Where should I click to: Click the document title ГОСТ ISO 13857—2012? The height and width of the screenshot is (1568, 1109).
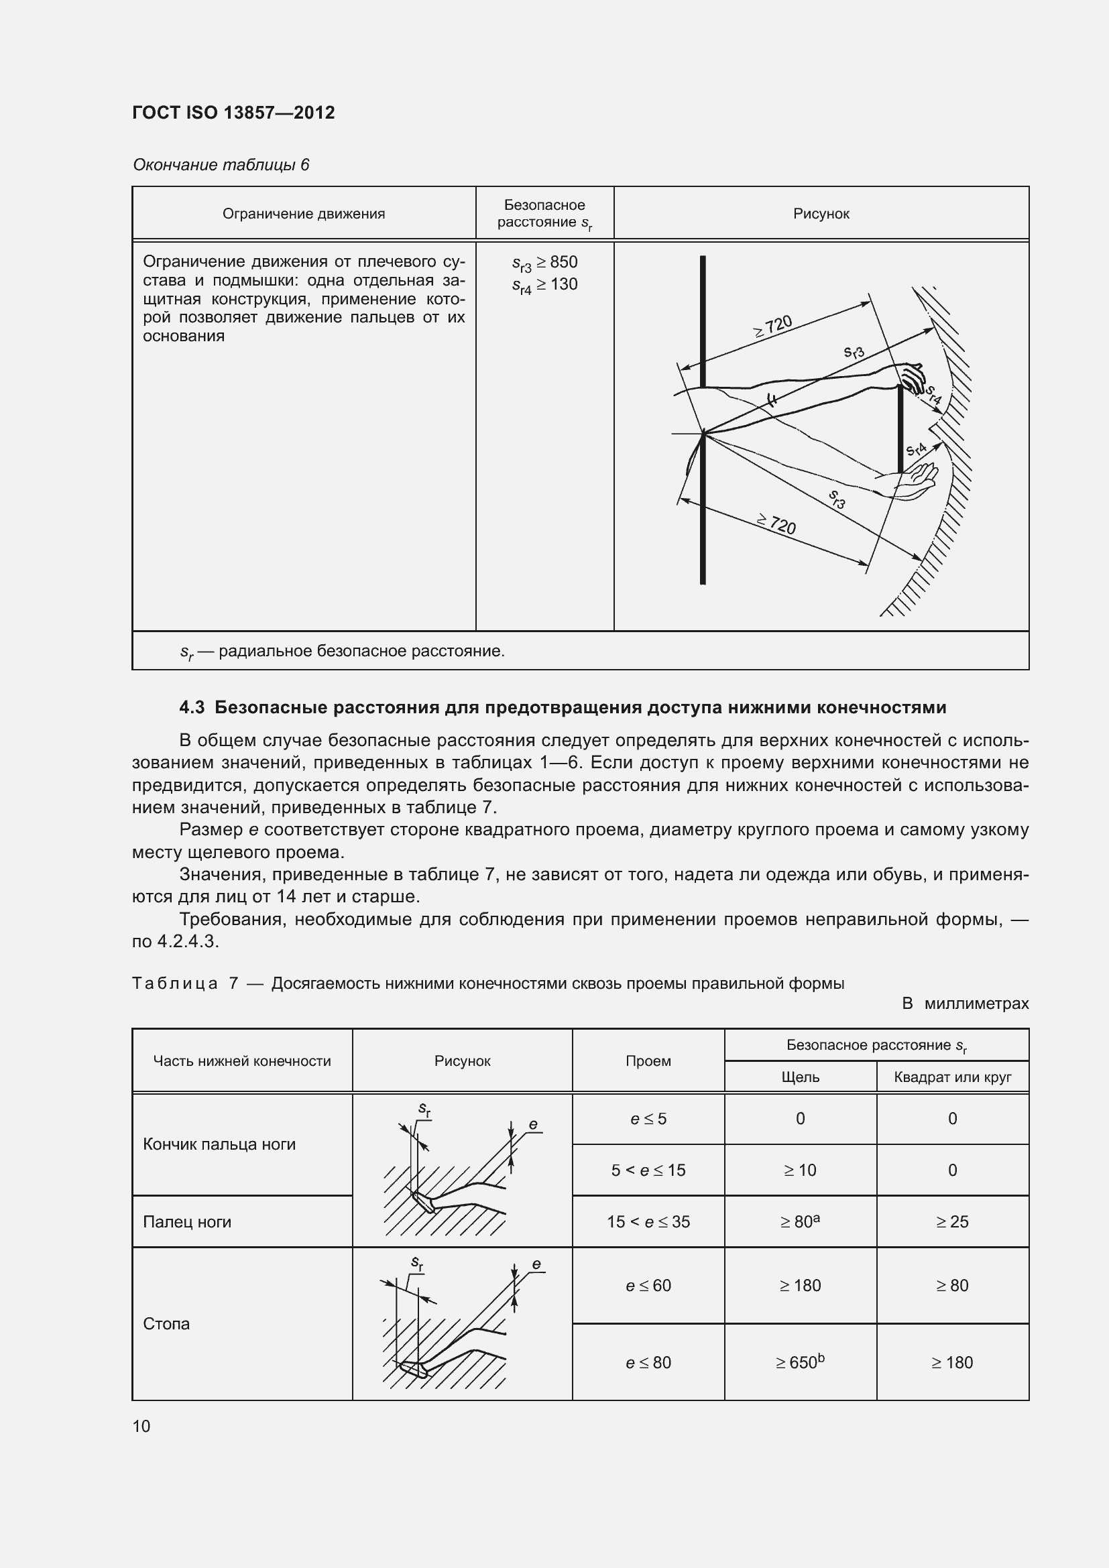[x=233, y=113]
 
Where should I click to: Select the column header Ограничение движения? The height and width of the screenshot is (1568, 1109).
[x=303, y=214]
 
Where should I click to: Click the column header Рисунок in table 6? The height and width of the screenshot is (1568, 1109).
[x=821, y=214]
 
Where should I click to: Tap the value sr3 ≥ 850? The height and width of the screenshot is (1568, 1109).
[x=544, y=263]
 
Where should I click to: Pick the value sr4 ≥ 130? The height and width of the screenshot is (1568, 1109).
[x=544, y=285]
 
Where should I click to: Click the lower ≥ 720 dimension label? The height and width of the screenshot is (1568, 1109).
[x=776, y=524]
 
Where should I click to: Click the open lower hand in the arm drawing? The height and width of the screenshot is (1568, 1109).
[x=915, y=478]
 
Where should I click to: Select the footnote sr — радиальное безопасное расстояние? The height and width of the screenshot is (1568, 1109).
[x=341, y=652]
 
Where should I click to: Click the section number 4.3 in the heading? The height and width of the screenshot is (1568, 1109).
[x=192, y=707]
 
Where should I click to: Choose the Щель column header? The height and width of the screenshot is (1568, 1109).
[x=800, y=1077]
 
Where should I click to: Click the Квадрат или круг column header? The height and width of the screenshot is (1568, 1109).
[x=952, y=1077]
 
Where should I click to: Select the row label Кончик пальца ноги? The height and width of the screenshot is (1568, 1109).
[x=219, y=1144]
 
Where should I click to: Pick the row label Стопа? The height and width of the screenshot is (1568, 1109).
[x=166, y=1323]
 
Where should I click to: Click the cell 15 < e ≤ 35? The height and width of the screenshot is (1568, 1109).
[x=648, y=1222]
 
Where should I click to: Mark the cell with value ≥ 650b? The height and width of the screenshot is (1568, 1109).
[x=800, y=1362]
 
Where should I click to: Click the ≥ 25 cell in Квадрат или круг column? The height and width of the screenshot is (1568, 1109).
[x=952, y=1222]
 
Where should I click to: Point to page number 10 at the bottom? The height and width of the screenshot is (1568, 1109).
[x=141, y=1426]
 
